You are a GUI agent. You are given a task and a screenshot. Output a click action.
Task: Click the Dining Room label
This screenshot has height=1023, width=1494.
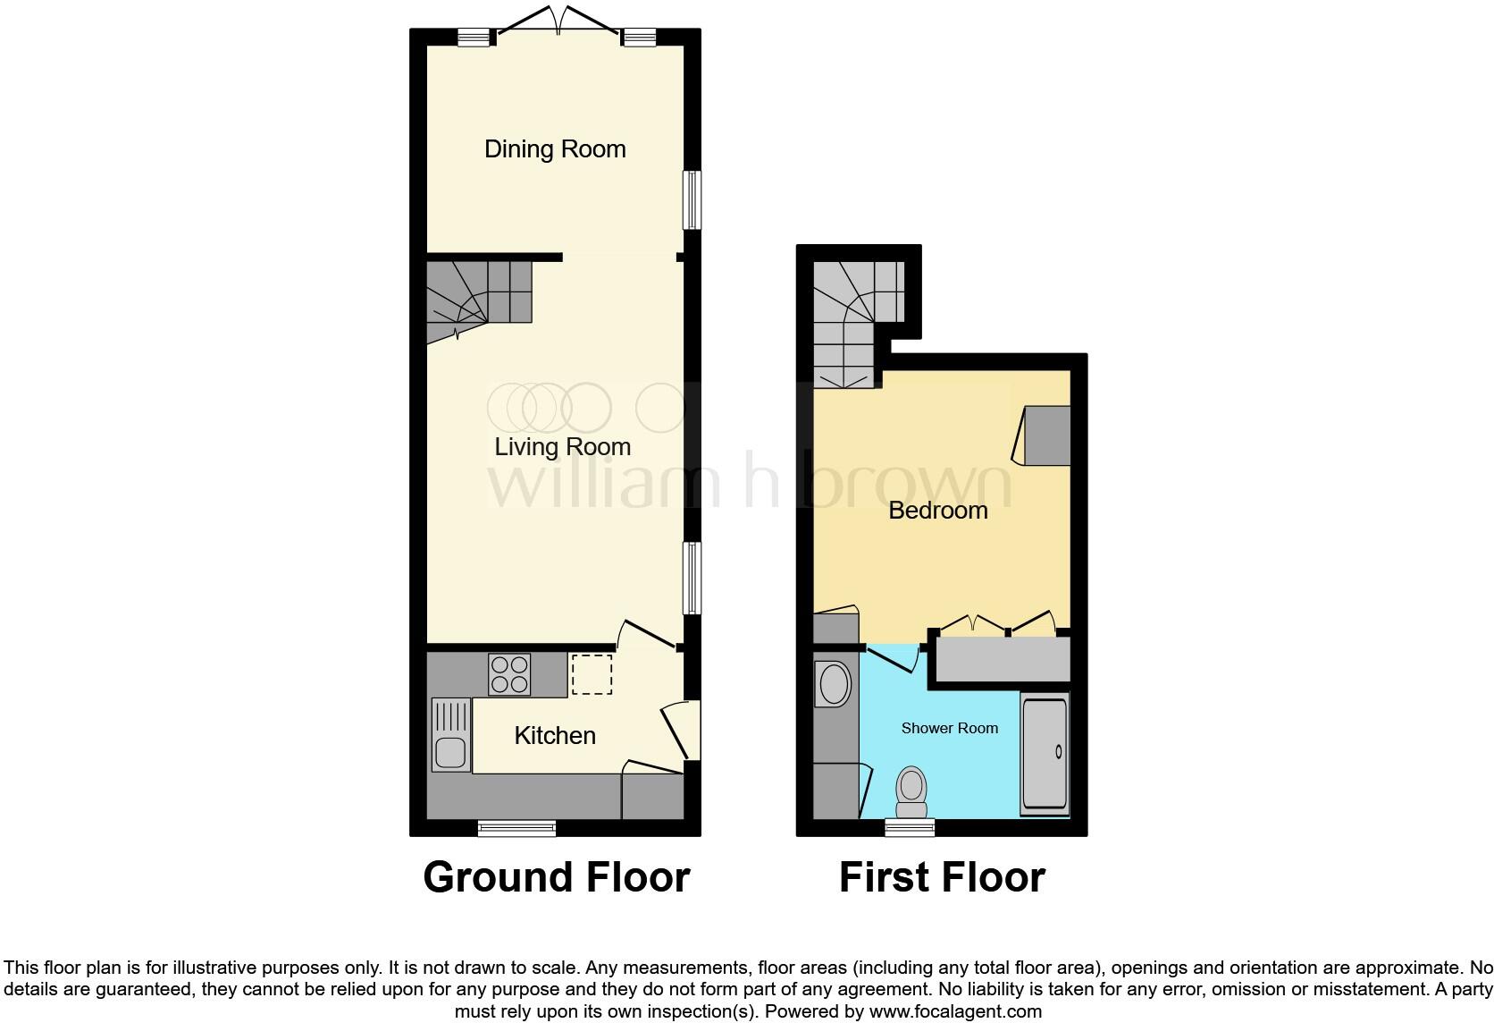tap(555, 149)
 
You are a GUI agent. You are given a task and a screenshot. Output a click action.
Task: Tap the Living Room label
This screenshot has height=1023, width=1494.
tap(563, 447)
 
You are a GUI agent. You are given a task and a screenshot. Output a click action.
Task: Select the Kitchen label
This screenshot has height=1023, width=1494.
tap(555, 736)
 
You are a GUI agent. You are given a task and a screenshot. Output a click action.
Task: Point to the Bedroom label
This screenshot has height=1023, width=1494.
tap(938, 511)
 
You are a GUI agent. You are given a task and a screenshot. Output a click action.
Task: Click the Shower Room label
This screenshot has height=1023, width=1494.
tap(949, 729)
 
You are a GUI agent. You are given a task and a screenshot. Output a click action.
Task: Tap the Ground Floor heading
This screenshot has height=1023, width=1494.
tap(556, 877)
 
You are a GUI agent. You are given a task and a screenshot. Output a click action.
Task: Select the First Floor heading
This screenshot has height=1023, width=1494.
tap(942, 877)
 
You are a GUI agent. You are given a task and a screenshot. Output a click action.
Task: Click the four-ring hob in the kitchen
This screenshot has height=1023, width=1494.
tap(509, 674)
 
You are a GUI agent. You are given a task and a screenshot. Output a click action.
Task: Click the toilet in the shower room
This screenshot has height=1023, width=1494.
tap(911, 792)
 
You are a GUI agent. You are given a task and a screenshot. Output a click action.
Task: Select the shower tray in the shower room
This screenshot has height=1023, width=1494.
tap(1045, 754)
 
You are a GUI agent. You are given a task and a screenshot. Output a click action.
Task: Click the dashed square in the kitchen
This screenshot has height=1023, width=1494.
tap(592, 674)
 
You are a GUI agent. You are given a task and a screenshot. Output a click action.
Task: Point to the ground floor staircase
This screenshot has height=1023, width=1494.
tap(478, 300)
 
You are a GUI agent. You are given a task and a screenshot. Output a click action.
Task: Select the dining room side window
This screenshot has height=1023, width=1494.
tap(692, 199)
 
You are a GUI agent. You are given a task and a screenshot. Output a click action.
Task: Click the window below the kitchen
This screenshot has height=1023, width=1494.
tap(516, 828)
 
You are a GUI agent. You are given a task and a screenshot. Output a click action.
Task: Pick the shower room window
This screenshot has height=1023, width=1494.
tap(910, 828)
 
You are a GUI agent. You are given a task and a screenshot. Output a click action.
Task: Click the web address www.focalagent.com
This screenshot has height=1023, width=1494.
tap(955, 1012)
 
